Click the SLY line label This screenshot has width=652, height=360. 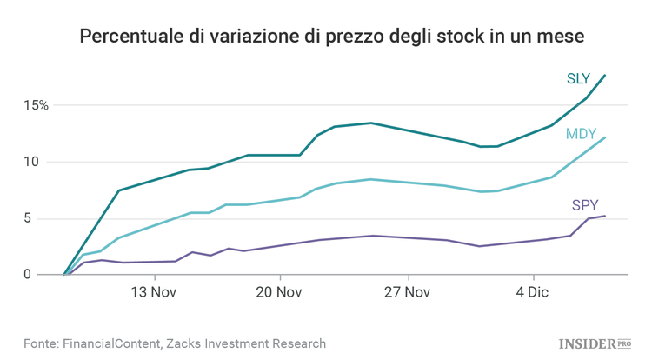578,79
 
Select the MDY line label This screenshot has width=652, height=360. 580,134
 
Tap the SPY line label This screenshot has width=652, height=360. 583,205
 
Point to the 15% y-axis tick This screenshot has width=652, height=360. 37,105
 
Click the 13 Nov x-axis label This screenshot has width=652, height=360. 154,293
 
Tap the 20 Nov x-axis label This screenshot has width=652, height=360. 280,293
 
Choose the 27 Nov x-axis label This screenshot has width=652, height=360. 406,293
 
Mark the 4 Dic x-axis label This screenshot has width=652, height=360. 531,293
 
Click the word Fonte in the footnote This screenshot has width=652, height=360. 43,343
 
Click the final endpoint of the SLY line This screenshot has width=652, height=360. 605,76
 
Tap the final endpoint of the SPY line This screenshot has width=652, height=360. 605,216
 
